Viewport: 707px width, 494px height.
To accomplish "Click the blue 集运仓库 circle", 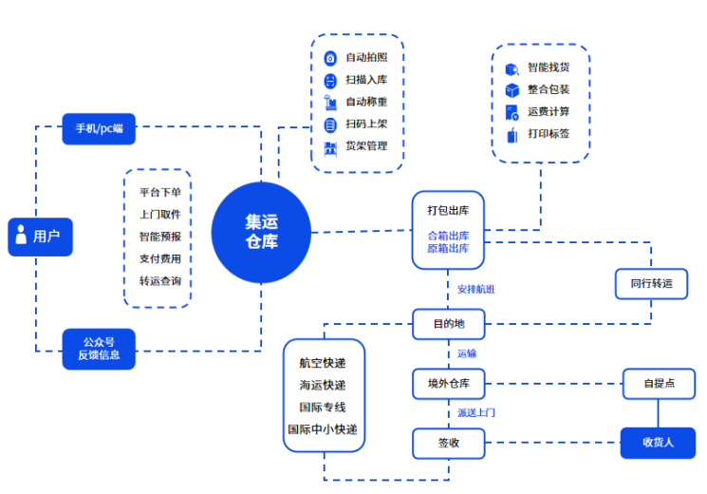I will pos(261,232).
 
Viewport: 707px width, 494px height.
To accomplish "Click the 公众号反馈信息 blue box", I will pos(99,349).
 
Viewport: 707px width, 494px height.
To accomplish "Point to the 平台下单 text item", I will pos(159,192).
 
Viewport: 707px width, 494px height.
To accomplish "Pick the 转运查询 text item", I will pos(159,281).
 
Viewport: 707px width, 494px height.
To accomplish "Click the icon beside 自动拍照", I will pos(330,58).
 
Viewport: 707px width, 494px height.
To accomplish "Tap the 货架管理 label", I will pos(366,146).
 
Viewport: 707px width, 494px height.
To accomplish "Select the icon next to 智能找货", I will pos(512,68).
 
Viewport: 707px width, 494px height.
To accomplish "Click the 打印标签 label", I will pos(549,133).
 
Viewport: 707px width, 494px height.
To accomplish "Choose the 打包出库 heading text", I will pos(448,209).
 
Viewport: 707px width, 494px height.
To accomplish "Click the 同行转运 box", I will pos(651,283).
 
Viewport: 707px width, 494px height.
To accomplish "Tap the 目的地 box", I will pos(449,324).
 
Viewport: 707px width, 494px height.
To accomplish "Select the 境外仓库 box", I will pos(449,384).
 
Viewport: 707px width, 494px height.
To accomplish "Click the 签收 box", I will pos(449,443).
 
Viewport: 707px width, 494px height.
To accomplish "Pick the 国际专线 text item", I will pos(323,408).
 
